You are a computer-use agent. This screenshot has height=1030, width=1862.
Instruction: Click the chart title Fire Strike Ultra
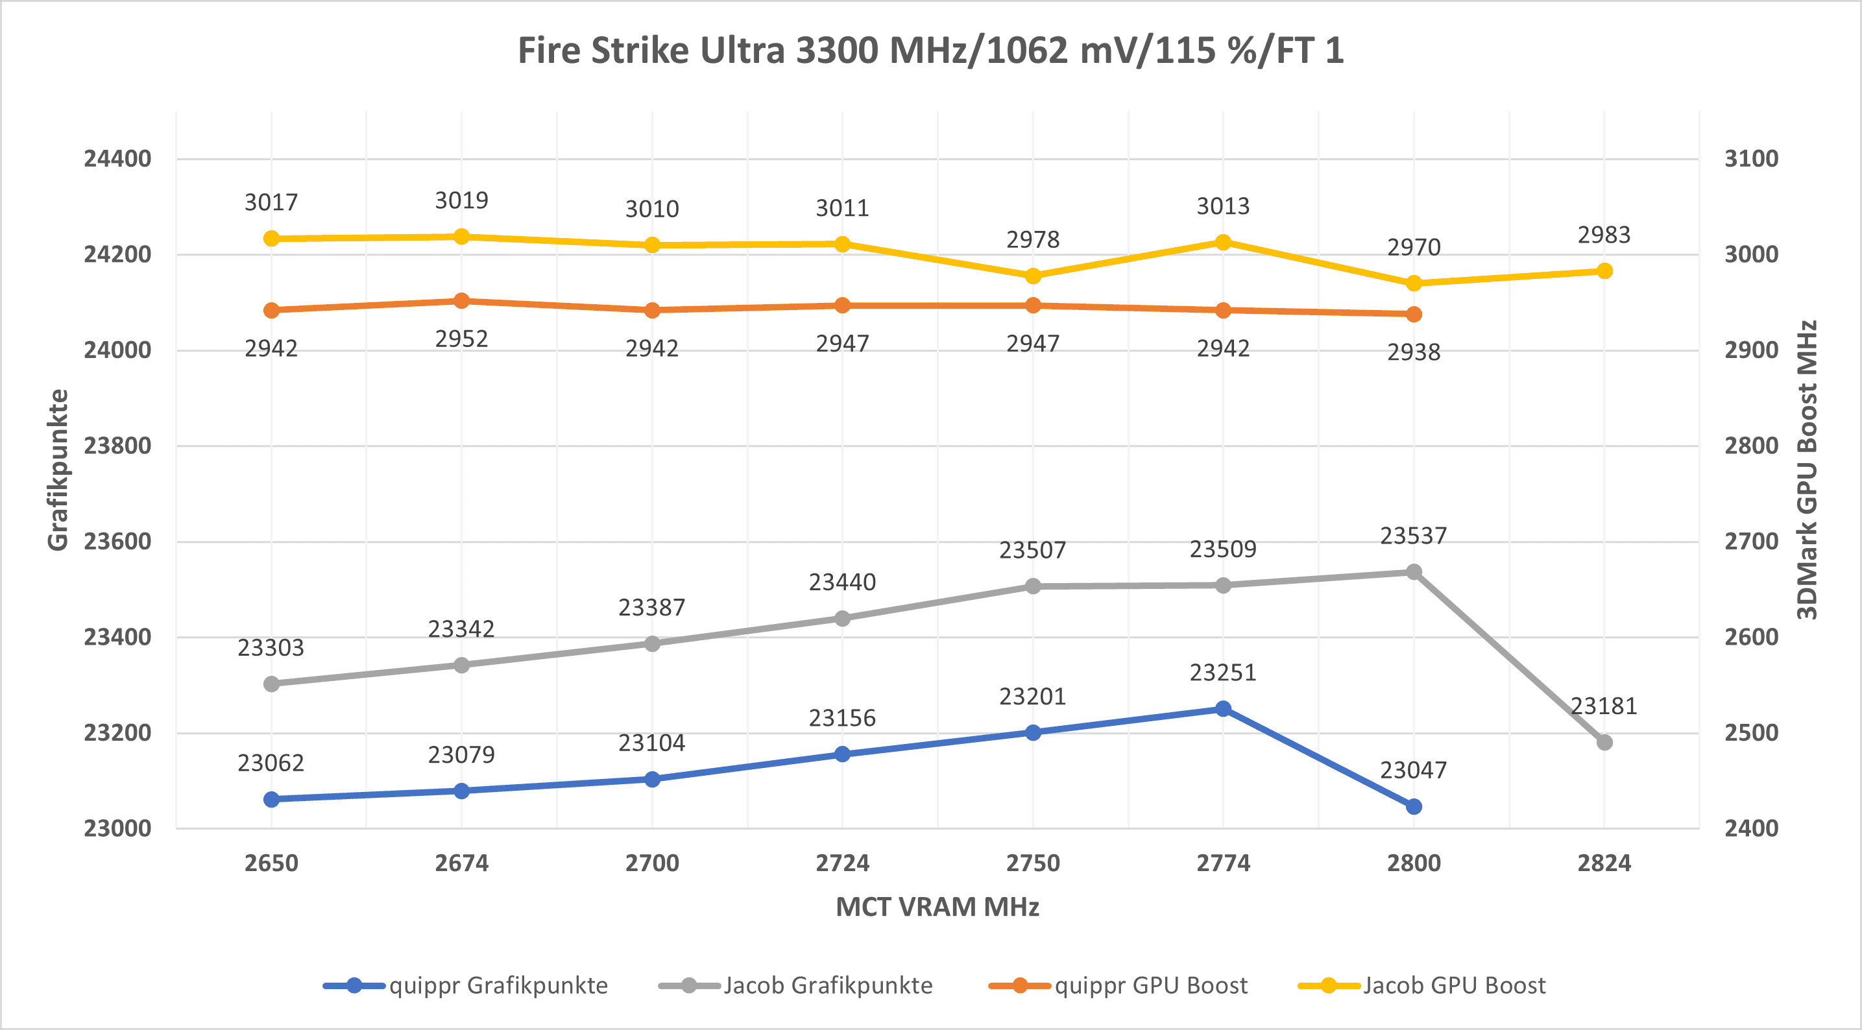click(930, 51)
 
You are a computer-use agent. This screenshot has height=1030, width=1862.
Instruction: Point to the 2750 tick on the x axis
click(1033, 863)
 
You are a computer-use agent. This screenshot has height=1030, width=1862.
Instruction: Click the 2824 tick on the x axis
click(1604, 863)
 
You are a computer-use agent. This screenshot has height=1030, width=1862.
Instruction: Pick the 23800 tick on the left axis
click(117, 446)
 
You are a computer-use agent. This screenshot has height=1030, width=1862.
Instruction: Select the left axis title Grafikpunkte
click(58, 470)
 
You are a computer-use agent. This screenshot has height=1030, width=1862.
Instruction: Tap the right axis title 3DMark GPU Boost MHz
click(1806, 470)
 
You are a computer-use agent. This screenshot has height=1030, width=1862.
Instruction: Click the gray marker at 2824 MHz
click(1604, 742)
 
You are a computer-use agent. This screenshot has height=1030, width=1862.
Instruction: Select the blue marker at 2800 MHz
click(1414, 807)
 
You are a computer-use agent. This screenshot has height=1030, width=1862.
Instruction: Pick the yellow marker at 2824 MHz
click(1604, 271)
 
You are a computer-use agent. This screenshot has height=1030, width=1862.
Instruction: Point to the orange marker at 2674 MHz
click(462, 301)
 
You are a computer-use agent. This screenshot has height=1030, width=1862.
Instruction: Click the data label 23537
click(1413, 536)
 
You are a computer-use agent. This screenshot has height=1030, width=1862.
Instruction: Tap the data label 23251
click(1223, 673)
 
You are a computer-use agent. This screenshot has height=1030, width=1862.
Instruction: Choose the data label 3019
click(461, 200)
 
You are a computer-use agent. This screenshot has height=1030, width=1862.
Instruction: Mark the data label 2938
click(1413, 353)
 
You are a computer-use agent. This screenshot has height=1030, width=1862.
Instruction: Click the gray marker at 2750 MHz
click(1033, 586)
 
